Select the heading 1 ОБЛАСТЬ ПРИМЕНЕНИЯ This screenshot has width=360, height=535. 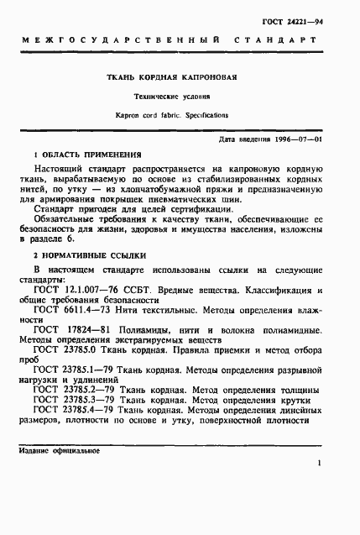pyautogui.click(x=86, y=155)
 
